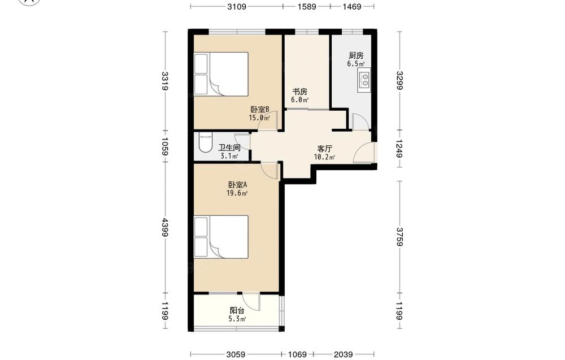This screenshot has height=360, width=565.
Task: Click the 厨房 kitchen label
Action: pos(355,55)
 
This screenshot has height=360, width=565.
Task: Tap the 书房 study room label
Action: pos(299,92)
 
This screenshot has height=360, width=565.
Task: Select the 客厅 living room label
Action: pos(324,149)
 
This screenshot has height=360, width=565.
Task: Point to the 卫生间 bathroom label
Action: pos(229,148)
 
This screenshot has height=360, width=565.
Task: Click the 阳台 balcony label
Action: pos(237,311)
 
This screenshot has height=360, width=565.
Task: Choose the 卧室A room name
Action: pos(237,185)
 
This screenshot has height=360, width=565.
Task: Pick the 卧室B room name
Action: pos(259,109)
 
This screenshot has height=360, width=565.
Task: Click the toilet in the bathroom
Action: pos(206,144)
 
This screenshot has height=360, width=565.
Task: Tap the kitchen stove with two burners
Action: pos(364,80)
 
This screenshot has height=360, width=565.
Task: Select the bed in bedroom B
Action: pos(221,74)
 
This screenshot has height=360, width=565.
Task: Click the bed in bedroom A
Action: pos(221,237)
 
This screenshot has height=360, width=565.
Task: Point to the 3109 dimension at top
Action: pos(237,6)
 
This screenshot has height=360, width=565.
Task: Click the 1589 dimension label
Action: pos(307,6)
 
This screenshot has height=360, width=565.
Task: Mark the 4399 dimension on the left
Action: pos(165,227)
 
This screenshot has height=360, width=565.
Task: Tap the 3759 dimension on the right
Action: pos(399,236)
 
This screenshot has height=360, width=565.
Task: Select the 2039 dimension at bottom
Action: pos(343,354)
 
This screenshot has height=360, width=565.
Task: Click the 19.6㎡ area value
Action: pos(237,193)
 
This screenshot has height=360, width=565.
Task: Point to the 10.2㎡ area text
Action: pos(324,157)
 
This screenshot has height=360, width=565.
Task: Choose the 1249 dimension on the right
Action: pos(399,149)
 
